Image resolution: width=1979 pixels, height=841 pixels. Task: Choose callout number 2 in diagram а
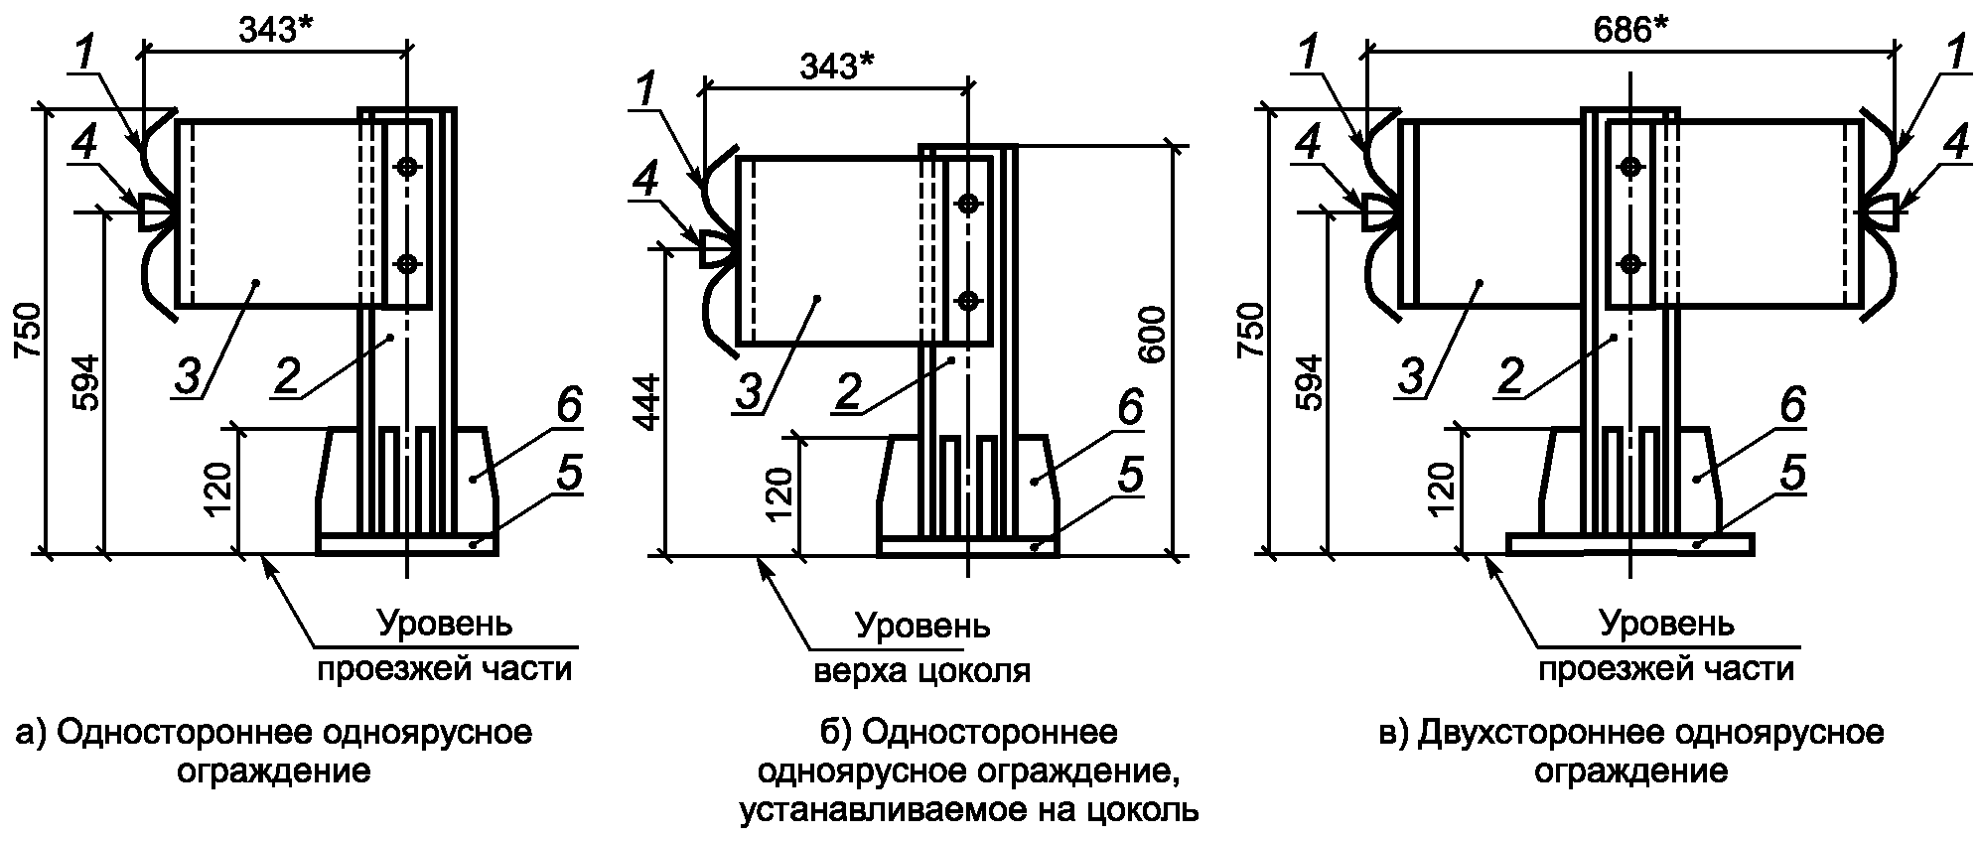pyautogui.click(x=288, y=376)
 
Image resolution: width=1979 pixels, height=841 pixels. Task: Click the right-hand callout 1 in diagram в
pyautogui.click(x=1956, y=56)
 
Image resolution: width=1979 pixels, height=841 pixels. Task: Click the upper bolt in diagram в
pyautogui.click(x=1630, y=167)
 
